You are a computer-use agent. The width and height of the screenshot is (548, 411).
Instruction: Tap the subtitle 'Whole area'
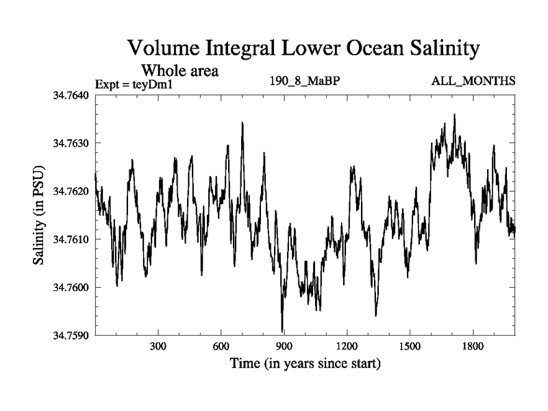point(179,70)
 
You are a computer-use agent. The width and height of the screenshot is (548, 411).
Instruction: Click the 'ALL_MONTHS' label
point(473,82)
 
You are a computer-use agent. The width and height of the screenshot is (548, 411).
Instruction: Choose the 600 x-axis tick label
point(221,347)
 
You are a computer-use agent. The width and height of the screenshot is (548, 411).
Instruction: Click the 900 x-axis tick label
point(284,347)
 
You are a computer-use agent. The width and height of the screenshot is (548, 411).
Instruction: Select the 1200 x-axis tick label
point(347,347)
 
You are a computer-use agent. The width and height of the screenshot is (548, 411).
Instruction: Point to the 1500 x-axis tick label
point(410,347)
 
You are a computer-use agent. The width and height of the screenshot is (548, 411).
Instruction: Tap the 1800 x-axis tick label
point(473,347)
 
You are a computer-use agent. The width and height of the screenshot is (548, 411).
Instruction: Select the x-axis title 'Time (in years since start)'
point(305,363)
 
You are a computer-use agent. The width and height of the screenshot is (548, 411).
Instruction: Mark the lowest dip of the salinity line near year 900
point(282,331)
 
